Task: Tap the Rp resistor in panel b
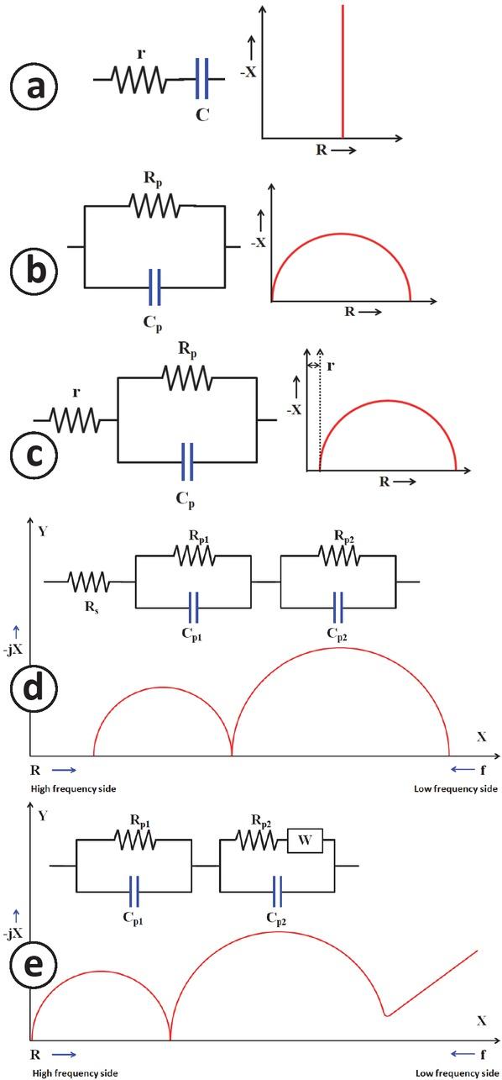154,204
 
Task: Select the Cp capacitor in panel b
154,287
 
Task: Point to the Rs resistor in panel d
87,581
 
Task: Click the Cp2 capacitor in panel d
338,605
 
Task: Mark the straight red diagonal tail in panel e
432,982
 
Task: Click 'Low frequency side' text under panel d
456,789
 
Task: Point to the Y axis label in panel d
41,530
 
